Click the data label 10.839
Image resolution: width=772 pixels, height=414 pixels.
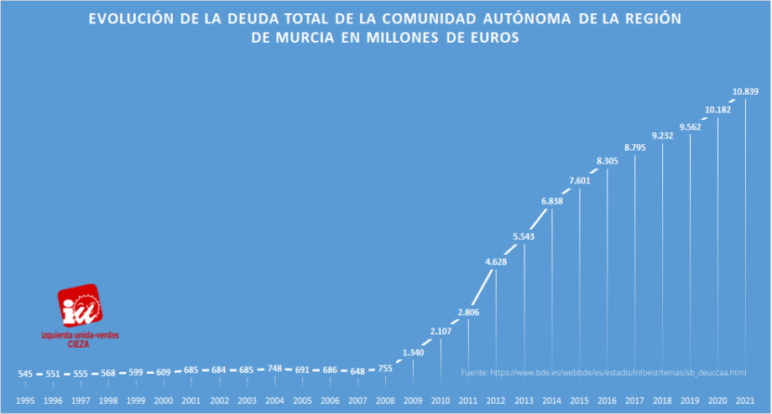click(x=745, y=91)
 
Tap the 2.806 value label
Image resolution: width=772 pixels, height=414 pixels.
click(x=468, y=312)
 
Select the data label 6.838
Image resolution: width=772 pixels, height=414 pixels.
click(x=551, y=202)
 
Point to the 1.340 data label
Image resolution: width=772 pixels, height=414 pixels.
click(x=413, y=353)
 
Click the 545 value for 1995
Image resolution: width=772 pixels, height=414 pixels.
click(x=25, y=373)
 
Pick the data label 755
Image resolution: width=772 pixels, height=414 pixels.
click(x=385, y=367)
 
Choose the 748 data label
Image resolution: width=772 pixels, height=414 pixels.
click(x=274, y=368)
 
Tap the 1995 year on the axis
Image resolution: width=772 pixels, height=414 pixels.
click(x=25, y=401)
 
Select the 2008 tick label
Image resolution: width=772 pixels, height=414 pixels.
click(x=385, y=401)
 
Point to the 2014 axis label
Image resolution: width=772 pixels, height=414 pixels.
click(x=551, y=401)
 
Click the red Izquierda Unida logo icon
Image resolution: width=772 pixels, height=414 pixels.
click(x=80, y=306)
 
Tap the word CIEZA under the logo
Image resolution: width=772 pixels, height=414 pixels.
click(x=79, y=344)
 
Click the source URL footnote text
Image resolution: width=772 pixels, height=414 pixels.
click(x=603, y=372)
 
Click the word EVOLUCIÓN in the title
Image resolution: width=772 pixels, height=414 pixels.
click(x=133, y=18)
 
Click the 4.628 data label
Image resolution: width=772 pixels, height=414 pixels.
click(x=496, y=263)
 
